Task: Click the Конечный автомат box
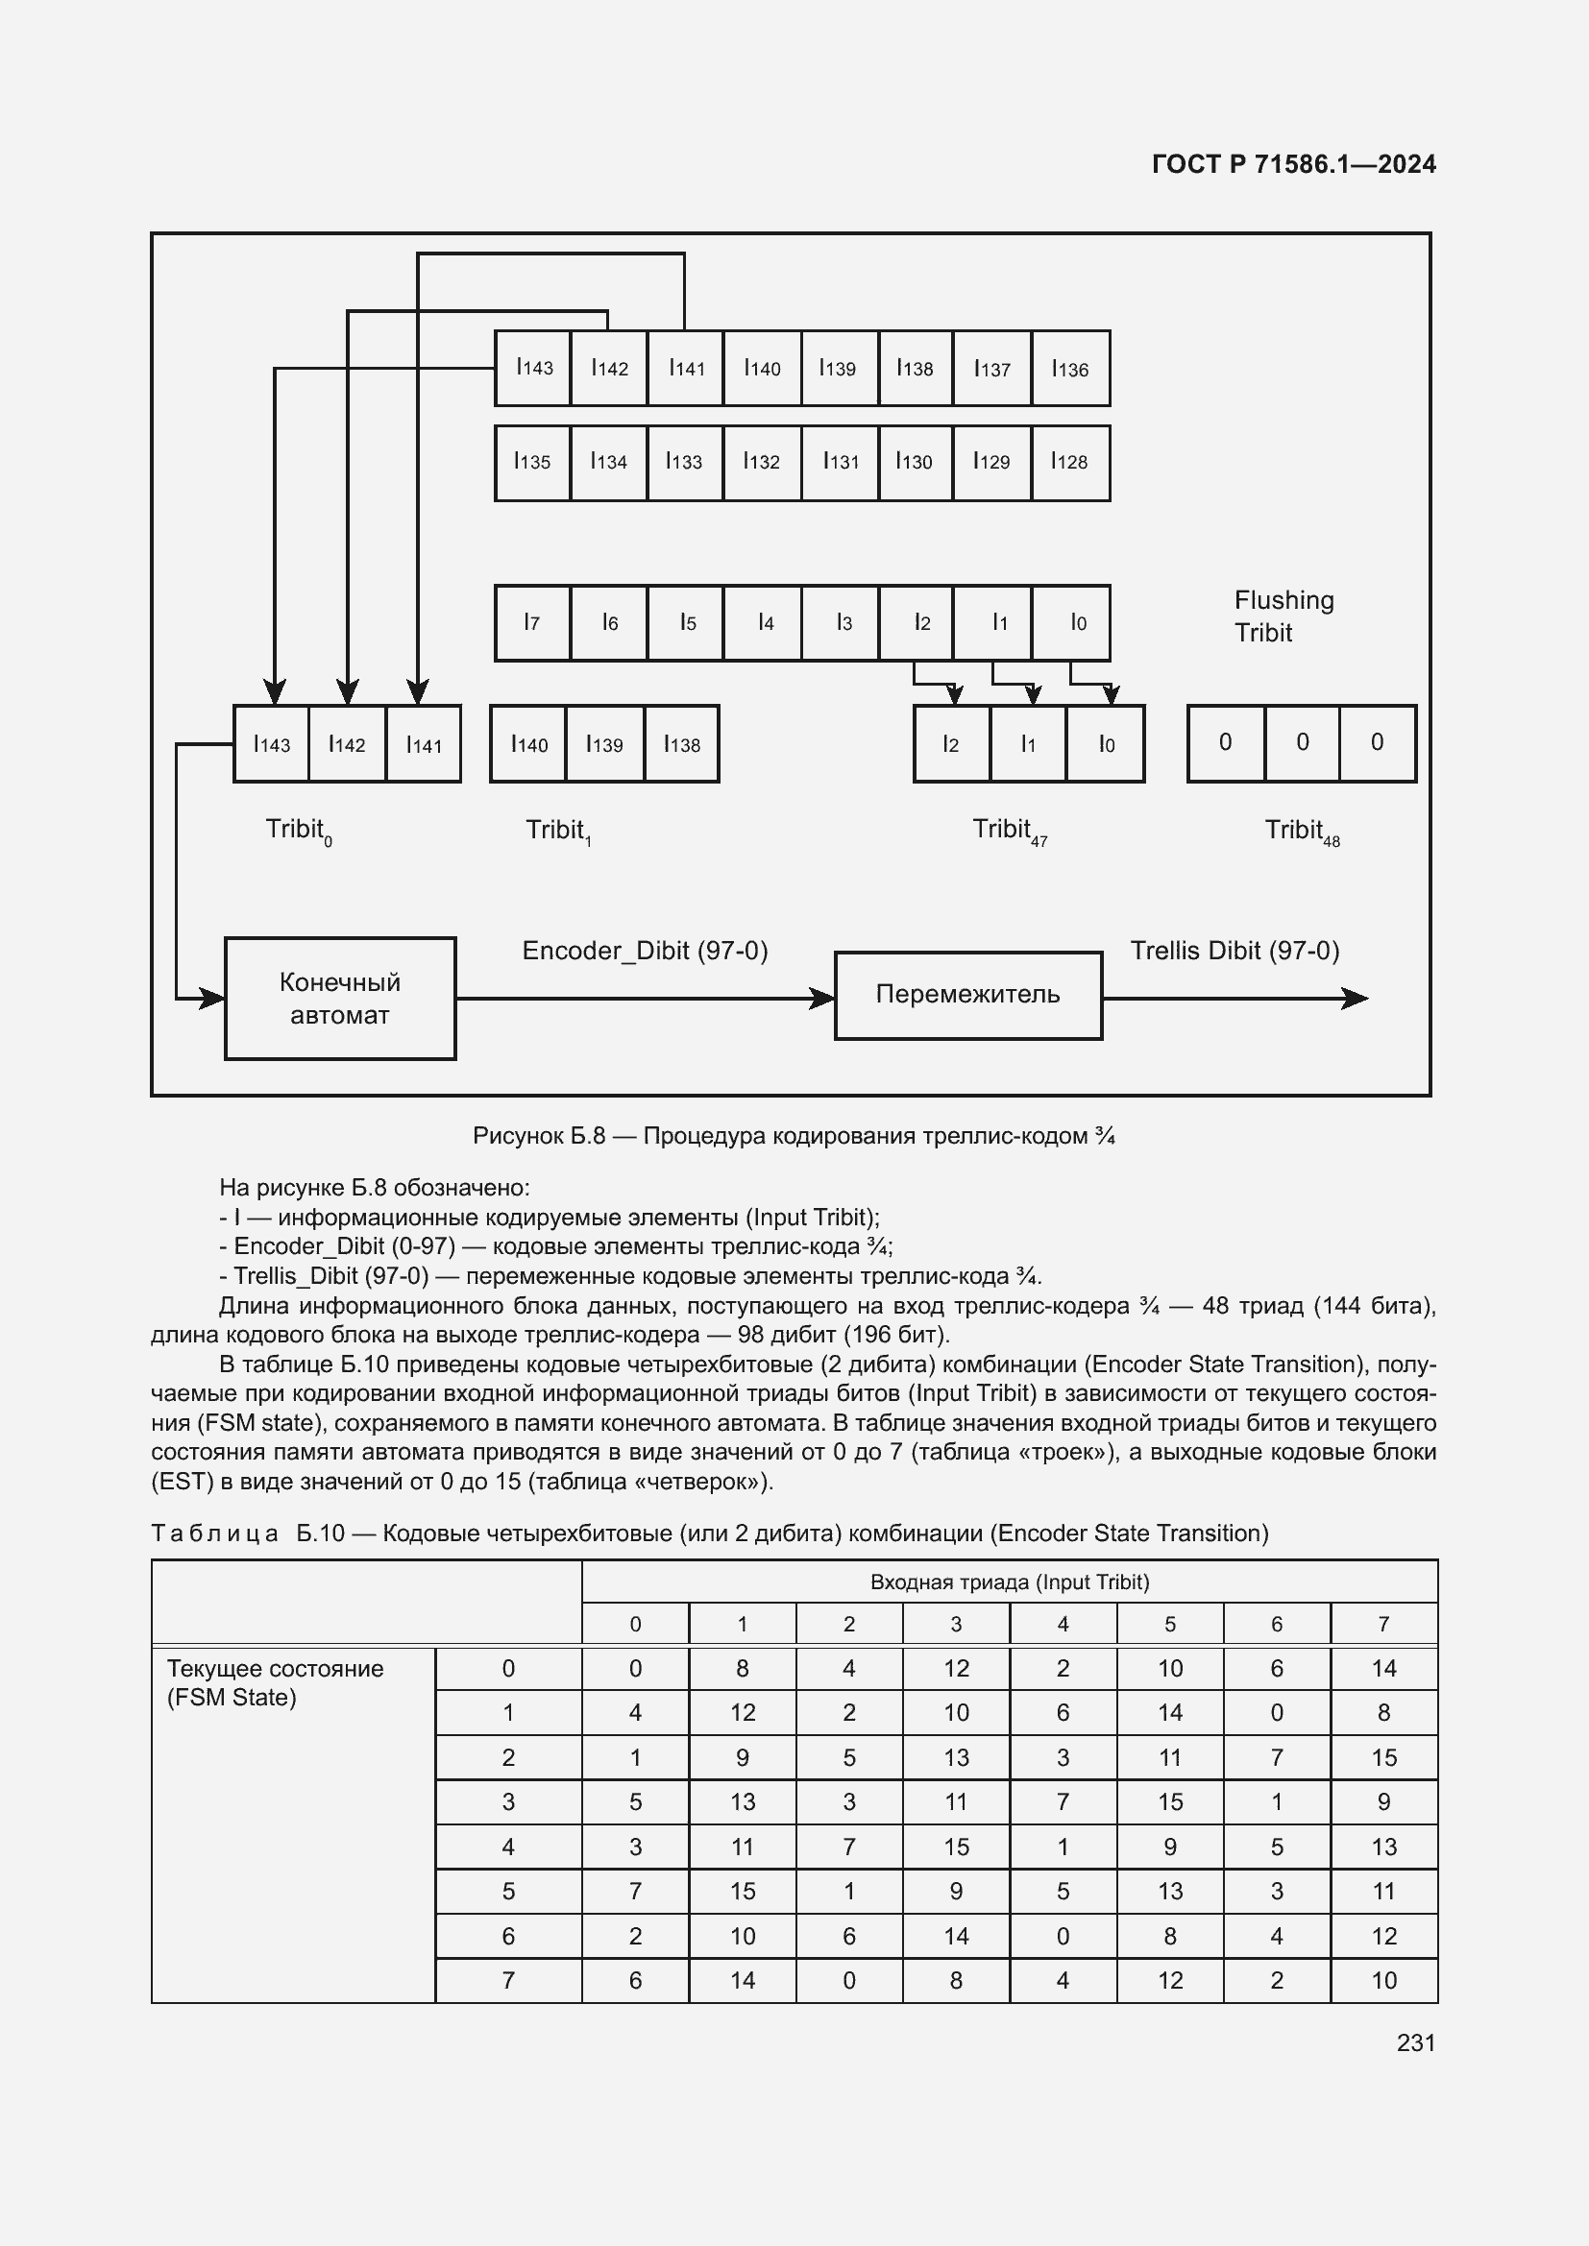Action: click(339, 998)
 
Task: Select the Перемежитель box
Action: click(967, 995)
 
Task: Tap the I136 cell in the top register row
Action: click(1070, 369)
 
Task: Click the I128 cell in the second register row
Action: click(1070, 462)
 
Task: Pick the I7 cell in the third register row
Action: click(532, 622)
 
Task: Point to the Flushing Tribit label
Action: click(1283, 616)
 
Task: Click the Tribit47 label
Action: click(1009, 832)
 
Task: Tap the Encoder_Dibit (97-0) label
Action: click(645, 951)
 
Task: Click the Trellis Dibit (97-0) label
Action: click(1235, 951)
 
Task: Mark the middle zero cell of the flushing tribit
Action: click(1303, 742)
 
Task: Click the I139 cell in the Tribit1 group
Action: click(604, 744)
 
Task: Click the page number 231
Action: click(1416, 2042)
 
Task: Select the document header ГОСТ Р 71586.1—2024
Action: click(1293, 164)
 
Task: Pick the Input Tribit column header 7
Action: click(1383, 1624)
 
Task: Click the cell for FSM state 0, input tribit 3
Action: click(956, 1669)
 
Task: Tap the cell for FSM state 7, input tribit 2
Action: click(849, 1981)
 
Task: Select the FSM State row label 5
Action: click(508, 1892)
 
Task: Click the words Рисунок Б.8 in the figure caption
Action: click(538, 1137)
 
